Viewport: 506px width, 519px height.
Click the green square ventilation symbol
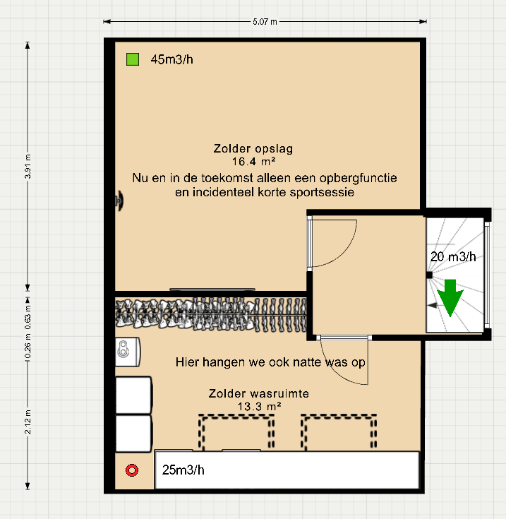pyautogui.click(x=132, y=59)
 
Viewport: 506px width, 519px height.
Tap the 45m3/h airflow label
pyautogui.click(x=171, y=59)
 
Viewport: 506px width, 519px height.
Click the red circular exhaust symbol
pyautogui.click(x=131, y=470)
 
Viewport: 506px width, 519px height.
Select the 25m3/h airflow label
pyautogui.click(x=183, y=470)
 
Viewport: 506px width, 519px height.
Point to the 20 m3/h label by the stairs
pyautogui.click(x=453, y=257)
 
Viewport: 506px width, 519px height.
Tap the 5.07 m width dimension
pyautogui.click(x=265, y=22)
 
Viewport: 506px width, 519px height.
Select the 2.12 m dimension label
pyautogui.click(x=28, y=422)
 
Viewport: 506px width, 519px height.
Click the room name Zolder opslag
pyautogui.click(x=253, y=149)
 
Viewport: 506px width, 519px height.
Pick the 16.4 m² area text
pyautogui.click(x=253, y=162)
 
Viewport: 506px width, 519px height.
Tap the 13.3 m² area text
pyautogui.click(x=259, y=407)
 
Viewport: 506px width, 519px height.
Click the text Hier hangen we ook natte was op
pyautogui.click(x=269, y=362)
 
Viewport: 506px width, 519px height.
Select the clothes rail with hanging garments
pyautogui.click(x=212, y=313)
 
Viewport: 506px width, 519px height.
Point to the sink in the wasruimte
pyautogui.click(x=128, y=348)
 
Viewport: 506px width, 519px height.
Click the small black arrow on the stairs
pyautogui.click(x=432, y=306)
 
